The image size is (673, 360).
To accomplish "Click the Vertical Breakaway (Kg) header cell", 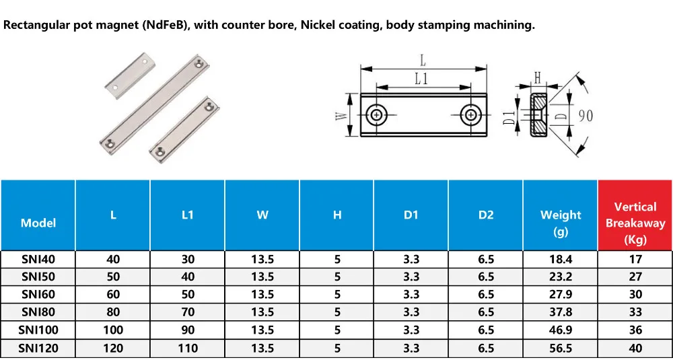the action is point(635,215).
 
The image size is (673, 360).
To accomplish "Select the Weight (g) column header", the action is point(560,215).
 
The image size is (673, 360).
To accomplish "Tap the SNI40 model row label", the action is point(38,259).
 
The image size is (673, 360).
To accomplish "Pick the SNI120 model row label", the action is point(38,348).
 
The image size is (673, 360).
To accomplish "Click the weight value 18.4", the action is point(560,259).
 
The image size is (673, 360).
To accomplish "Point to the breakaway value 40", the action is point(635,348).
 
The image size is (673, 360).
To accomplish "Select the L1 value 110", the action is point(188,348).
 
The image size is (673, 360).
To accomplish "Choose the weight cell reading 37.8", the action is point(560,312).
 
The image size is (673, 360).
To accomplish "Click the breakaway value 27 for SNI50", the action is point(635,277).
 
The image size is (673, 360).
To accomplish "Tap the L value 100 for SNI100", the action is point(113,330).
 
